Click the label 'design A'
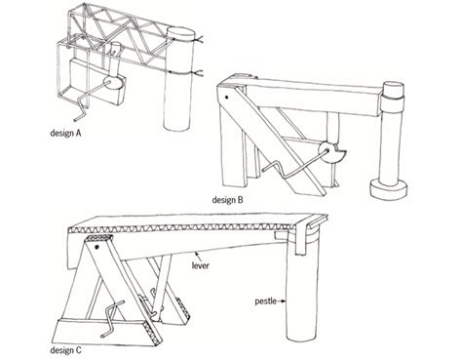pos(65,133)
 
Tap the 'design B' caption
pos(227,199)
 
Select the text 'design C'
pos(65,350)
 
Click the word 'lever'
pos(201,265)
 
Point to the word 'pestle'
pos(266,301)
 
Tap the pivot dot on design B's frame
pos(227,97)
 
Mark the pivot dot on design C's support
pos(96,248)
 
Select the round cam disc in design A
pos(112,83)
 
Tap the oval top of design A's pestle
pos(182,34)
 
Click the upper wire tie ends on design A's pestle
pos(200,40)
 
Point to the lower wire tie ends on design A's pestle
pos(199,73)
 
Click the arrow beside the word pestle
pos(282,301)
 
